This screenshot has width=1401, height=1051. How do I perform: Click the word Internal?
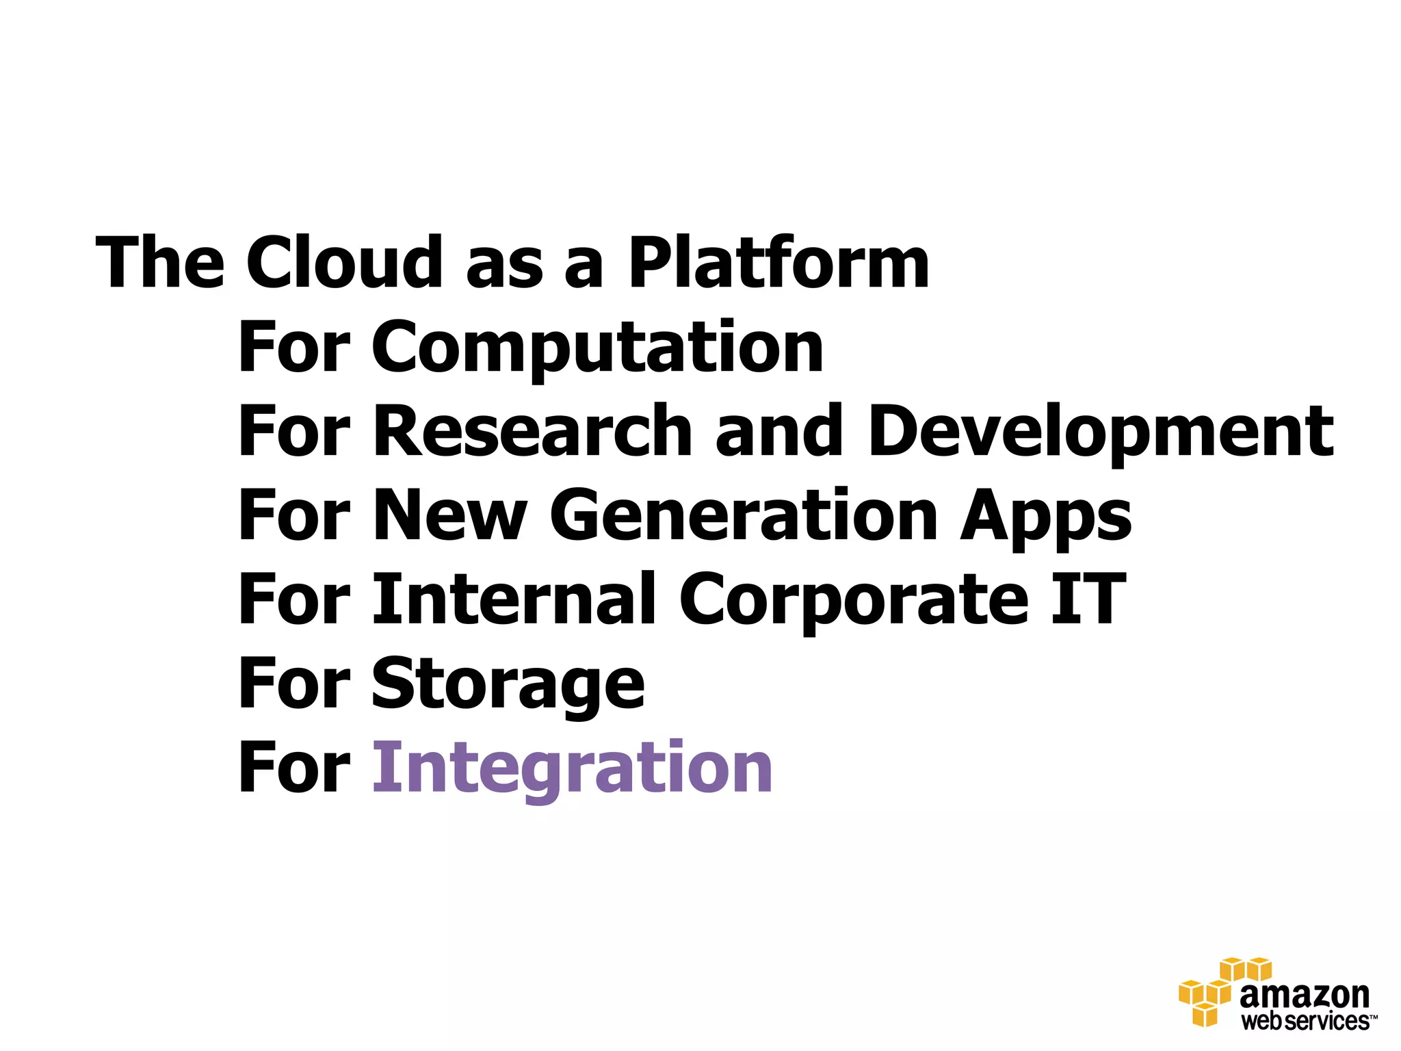[514, 599]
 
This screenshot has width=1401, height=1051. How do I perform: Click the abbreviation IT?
[1088, 599]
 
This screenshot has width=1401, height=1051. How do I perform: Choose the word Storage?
[508, 684]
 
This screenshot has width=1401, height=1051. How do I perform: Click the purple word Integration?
[572, 768]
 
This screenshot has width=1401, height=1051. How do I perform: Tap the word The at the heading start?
[160, 263]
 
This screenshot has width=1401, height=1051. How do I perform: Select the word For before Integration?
[294, 768]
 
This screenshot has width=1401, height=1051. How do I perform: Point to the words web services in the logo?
[1305, 1022]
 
